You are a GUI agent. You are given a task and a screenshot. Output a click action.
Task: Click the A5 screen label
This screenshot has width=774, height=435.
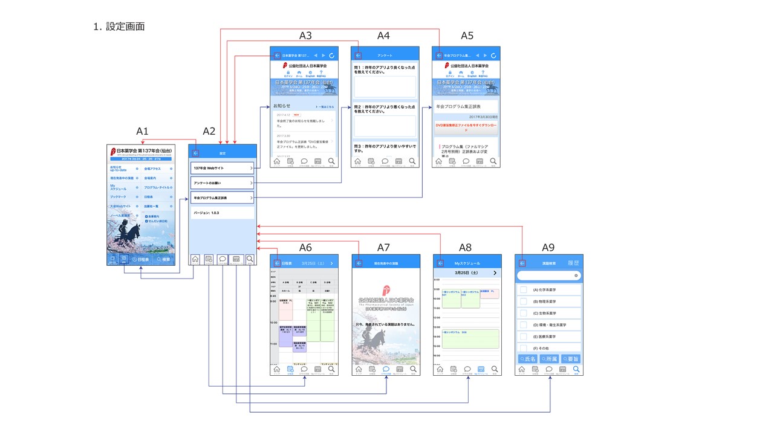click(467, 36)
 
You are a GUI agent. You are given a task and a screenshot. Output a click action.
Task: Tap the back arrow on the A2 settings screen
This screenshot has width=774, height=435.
click(195, 153)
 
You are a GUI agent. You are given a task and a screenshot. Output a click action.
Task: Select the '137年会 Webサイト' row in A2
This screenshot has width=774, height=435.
click(222, 167)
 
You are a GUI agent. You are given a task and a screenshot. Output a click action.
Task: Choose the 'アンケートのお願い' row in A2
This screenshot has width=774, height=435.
click(222, 182)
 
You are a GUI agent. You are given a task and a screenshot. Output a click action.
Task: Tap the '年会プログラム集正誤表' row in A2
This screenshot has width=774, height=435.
click(222, 198)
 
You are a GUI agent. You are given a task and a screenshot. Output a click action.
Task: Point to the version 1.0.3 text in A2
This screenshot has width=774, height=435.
click(206, 213)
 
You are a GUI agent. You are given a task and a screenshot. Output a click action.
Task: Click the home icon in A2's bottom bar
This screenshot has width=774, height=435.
click(195, 259)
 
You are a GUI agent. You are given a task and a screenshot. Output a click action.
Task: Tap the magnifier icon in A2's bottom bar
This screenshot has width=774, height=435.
click(249, 259)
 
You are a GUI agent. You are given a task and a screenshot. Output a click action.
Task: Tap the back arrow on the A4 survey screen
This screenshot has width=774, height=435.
click(358, 56)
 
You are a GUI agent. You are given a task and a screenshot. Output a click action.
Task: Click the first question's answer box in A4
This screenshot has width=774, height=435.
click(385, 86)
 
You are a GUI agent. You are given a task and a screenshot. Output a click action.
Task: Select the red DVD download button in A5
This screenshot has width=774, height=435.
click(466, 127)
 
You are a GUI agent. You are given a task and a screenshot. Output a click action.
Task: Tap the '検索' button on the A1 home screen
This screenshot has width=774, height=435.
click(163, 259)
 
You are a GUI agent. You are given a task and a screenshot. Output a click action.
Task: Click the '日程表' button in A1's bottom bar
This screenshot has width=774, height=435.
click(140, 259)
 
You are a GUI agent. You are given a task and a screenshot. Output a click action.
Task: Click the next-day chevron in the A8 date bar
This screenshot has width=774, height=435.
click(495, 273)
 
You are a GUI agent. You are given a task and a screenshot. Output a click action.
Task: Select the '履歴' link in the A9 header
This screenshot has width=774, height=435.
click(573, 263)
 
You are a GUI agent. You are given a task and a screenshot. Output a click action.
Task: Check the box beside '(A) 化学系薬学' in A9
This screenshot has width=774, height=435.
click(524, 290)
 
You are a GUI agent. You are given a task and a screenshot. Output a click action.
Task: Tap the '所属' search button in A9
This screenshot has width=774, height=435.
click(549, 359)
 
